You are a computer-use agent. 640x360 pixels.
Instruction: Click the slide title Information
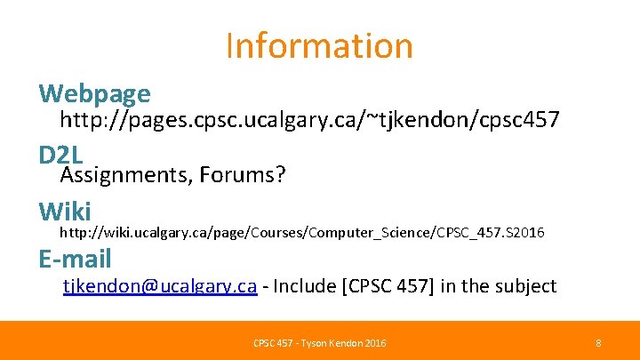click(x=319, y=45)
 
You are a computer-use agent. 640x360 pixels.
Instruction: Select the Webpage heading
click(x=94, y=92)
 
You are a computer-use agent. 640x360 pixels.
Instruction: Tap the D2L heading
click(x=60, y=155)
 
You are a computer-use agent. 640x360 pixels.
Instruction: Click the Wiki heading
click(x=65, y=212)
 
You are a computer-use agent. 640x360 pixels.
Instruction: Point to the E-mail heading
click(x=75, y=259)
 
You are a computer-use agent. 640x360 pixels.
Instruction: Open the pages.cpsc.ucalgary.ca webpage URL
click(x=309, y=120)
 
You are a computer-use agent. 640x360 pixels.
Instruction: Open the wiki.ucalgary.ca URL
click(x=301, y=233)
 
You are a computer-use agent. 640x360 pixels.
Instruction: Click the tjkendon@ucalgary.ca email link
click(x=160, y=286)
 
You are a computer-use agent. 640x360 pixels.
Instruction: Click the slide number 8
click(x=598, y=342)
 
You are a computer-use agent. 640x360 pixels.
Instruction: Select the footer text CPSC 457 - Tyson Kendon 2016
click(x=319, y=342)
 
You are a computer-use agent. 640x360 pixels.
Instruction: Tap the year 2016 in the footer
click(x=373, y=342)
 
